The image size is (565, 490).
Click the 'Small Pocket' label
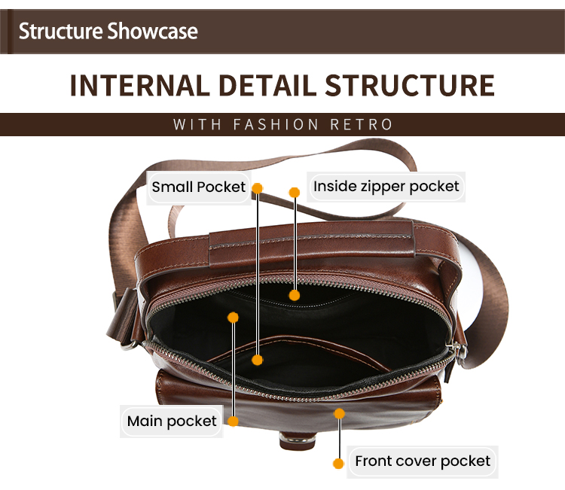tap(199, 187)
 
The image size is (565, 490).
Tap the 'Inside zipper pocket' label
tap(386, 186)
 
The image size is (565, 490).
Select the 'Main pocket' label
tap(172, 422)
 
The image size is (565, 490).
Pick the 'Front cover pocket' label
tap(423, 461)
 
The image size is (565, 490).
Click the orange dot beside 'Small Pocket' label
tap(257, 187)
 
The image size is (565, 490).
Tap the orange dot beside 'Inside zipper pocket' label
tap(295, 193)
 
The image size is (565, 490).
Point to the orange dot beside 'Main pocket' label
tap(234, 422)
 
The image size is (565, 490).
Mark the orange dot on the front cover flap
tap(340, 413)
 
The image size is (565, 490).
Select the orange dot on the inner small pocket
tap(258, 360)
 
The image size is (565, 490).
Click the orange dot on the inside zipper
tap(295, 296)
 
